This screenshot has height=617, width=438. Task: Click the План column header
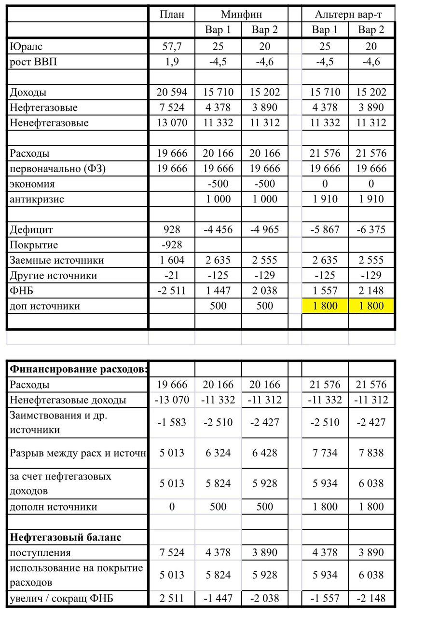[172, 14]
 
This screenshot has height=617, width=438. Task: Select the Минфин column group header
[241, 14]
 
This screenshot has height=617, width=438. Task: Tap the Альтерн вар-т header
[348, 14]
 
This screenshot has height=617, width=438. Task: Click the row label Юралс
[22, 46]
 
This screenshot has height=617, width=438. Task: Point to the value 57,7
[172, 46]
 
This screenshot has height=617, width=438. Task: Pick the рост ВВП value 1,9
[172, 62]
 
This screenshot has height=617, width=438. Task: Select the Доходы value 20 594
[172, 93]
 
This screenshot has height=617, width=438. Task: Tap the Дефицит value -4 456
[218, 230]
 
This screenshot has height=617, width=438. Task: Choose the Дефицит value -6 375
[371, 230]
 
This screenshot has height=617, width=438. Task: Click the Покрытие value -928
[172, 245]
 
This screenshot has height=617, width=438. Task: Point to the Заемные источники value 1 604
[172, 260]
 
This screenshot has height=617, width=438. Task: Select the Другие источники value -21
[172, 276]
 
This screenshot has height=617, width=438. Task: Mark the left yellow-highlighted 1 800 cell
[325, 306]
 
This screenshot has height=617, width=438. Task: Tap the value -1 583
[172, 422]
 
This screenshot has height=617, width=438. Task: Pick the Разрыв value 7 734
[325, 453]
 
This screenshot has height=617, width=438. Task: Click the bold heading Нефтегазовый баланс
[66, 537]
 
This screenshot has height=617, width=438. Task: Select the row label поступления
[40, 553]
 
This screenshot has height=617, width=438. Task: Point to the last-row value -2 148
[371, 599]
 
